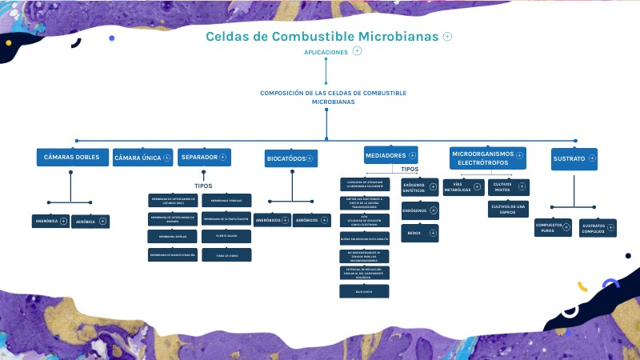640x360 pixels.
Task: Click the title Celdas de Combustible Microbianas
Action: click(322, 37)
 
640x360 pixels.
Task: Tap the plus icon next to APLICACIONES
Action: click(358, 51)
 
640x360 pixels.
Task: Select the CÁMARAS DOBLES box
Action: click(71, 158)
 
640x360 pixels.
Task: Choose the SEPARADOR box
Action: click(199, 158)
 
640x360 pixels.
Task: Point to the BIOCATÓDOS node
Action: click(286, 159)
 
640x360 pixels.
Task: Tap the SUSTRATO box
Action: click(569, 158)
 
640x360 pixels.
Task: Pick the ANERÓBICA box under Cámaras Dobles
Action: click(47, 220)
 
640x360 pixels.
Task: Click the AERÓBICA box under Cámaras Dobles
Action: click(86, 221)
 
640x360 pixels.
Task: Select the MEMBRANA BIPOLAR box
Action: click(172, 237)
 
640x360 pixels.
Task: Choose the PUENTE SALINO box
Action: click(226, 237)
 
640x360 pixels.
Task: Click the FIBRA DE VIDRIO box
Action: click(226, 255)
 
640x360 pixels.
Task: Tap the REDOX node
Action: click(414, 233)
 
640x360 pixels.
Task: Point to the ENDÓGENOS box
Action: click(414, 211)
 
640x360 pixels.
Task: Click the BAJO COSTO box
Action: click(365, 291)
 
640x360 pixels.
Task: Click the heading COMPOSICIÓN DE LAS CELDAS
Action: click(333, 98)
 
